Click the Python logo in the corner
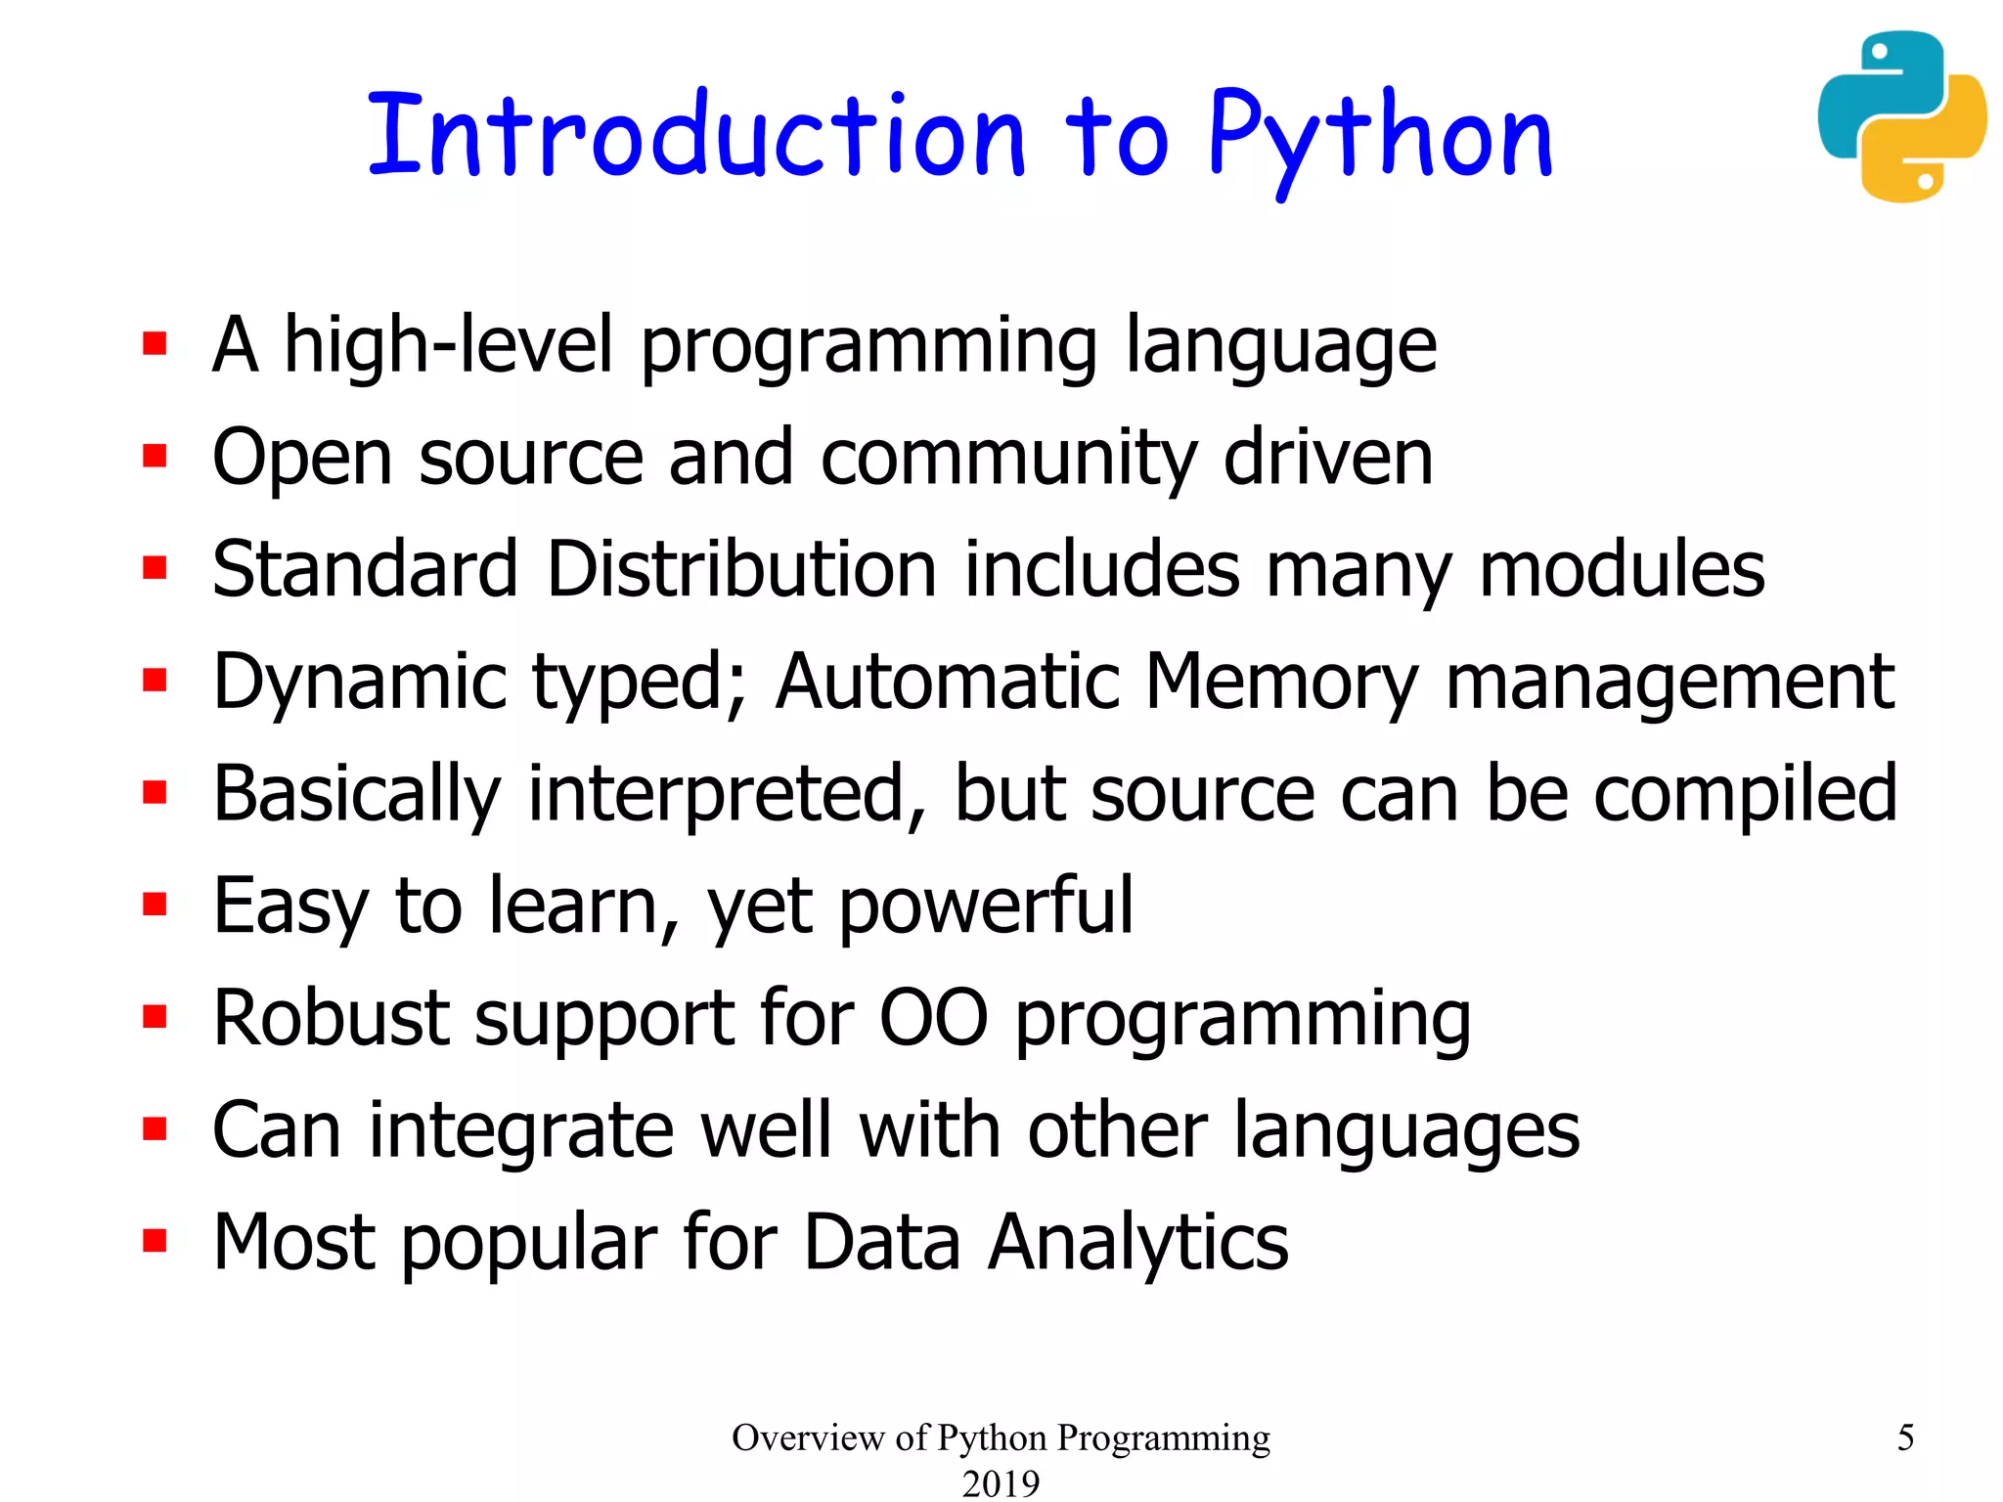[x=1901, y=116]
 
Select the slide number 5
[x=1905, y=1437]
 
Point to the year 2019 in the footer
[x=1001, y=1483]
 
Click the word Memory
[x=1281, y=683]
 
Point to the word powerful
[x=986, y=907]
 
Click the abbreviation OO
[x=933, y=1018]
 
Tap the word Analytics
[x=1138, y=1243]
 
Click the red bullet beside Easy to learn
[x=155, y=905]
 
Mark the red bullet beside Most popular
[x=155, y=1241]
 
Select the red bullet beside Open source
[x=155, y=456]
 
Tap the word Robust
[x=331, y=1018]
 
